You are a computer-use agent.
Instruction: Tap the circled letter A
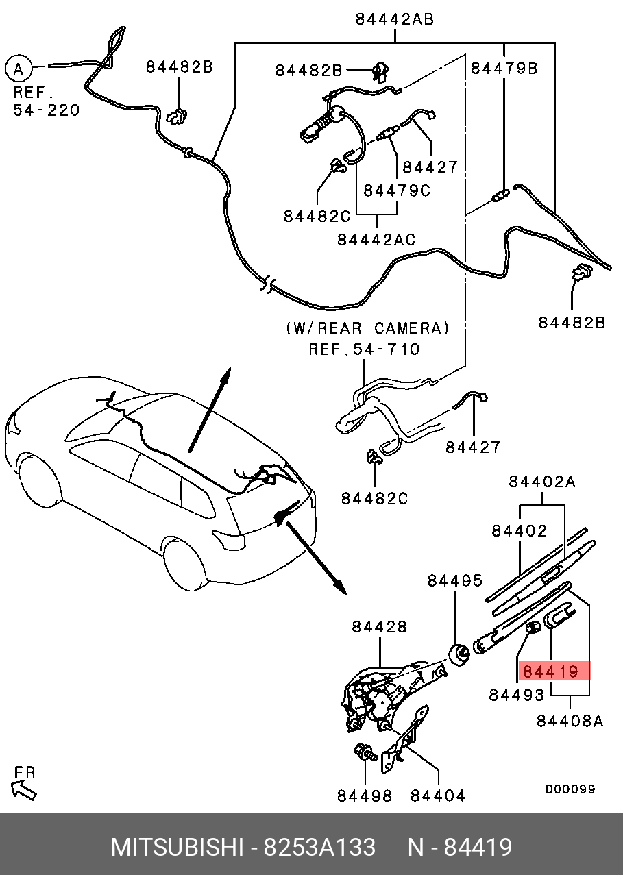click(x=19, y=69)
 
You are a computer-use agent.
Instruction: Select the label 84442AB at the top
click(x=395, y=19)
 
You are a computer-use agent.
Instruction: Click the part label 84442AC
click(x=376, y=239)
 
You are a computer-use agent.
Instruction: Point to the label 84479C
click(x=397, y=190)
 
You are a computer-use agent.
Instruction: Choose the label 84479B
click(x=504, y=68)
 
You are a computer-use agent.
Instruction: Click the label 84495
click(x=455, y=580)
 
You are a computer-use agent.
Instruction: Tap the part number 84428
click(x=380, y=626)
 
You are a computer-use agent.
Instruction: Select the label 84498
click(x=365, y=796)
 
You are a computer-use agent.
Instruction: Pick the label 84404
click(x=438, y=796)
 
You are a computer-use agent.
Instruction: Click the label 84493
click(x=517, y=695)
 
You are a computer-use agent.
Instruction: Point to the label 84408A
click(x=570, y=721)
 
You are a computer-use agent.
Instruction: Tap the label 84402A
click(x=542, y=482)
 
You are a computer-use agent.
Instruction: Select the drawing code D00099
click(x=570, y=789)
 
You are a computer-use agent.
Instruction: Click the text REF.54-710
click(x=364, y=349)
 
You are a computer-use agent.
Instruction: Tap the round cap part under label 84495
click(x=459, y=655)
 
